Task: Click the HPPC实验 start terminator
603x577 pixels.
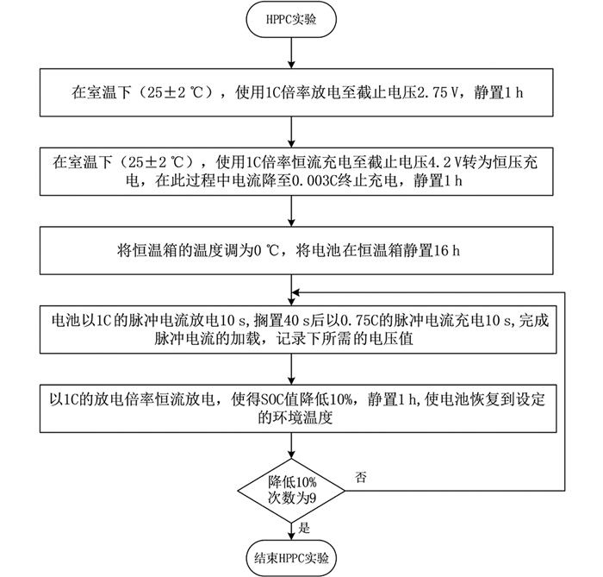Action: pyautogui.click(x=291, y=20)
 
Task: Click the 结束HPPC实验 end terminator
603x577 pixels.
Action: pyautogui.click(x=291, y=558)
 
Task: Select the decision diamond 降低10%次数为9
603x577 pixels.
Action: pyautogui.click(x=291, y=491)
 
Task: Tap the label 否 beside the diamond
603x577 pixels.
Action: pyautogui.click(x=360, y=477)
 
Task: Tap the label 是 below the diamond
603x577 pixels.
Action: pyautogui.click(x=304, y=528)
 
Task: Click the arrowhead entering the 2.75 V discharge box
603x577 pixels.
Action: pyautogui.click(x=291, y=65)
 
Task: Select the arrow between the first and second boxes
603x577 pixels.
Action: pyautogui.click(x=291, y=132)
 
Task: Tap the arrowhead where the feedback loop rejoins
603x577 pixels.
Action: pyautogui.click(x=295, y=292)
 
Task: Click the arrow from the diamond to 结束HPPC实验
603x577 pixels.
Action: pyautogui.click(x=291, y=531)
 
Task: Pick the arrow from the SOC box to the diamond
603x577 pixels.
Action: pyautogui.click(x=291, y=445)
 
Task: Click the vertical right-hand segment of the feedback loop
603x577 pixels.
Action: pyautogui.click(x=564, y=392)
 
